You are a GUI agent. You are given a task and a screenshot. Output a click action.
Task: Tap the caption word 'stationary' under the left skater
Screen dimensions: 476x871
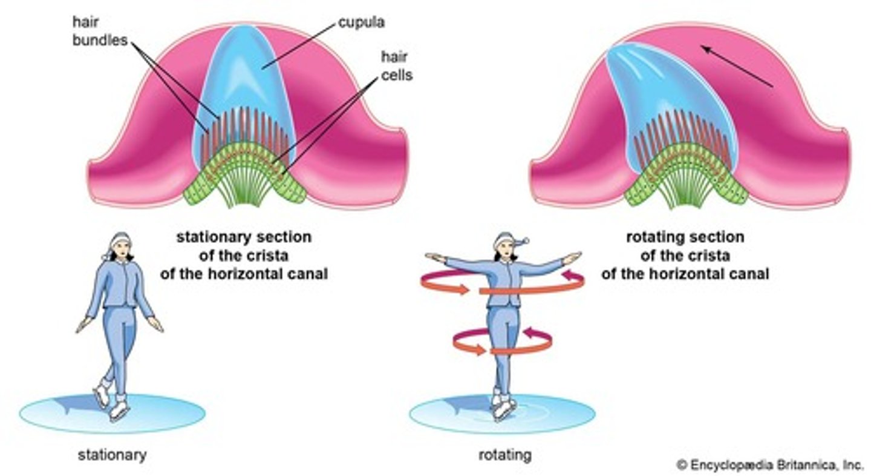[112, 454]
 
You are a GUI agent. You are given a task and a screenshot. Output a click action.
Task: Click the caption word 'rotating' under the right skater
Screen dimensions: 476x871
[504, 454]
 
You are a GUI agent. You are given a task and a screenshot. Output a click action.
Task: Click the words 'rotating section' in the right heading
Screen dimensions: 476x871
[685, 237]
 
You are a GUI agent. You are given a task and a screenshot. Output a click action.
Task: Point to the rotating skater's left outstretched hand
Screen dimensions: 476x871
[572, 257]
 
